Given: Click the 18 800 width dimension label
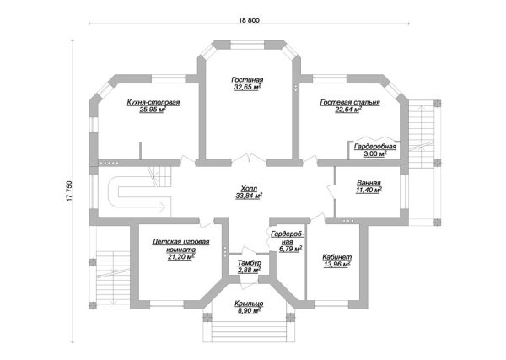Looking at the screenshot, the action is pos(249,20).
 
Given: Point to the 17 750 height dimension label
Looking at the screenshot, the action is pos(70,191).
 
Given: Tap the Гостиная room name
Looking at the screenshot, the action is pos(247,80).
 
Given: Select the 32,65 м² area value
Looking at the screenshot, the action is pos(247,87).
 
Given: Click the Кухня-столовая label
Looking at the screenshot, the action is pos(153,103).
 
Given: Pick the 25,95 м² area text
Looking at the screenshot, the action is pos(153,110).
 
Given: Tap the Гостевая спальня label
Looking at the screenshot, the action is pos(350,103).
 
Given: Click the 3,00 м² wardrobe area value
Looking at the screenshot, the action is pos(375,154).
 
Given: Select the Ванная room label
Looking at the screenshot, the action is pos(369,183).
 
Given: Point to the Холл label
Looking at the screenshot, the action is pos(249,189).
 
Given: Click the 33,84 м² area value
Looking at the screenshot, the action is pos(249,196).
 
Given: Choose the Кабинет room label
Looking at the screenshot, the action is pos(336,257).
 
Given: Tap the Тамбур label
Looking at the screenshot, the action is pos(249,263).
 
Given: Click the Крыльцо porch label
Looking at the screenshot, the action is pos(249,304).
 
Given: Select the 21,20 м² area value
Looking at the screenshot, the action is pos(180,257).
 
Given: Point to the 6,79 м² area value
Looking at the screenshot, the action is pos(290,249).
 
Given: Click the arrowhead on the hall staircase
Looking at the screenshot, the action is pos(162,205).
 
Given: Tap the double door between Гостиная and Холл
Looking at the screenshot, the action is pos(249,159).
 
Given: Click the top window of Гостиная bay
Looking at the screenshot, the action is pos(248,45).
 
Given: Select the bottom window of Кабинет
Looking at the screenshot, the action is pos(331,305).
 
